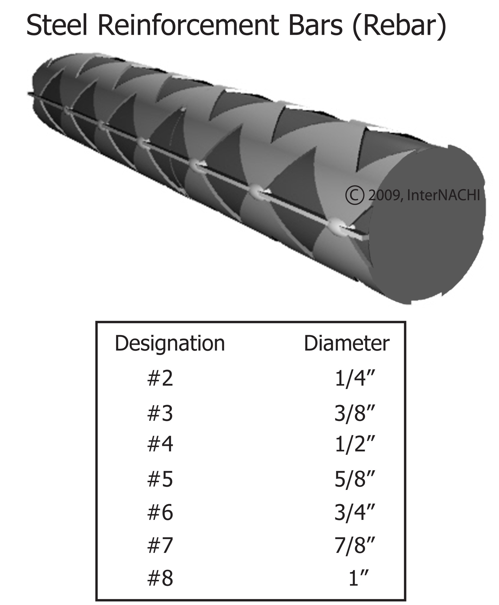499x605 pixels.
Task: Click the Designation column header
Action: pyautogui.click(x=170, y=344)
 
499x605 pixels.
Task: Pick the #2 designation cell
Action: pyautogui.click(x=160, y=378)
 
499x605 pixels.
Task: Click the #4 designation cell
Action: pyautogui.click(x=160, y=444)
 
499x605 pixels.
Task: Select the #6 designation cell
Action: pyautogui.click(x=160, y=513)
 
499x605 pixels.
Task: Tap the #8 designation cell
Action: pyautogui.click(x=160, y=578)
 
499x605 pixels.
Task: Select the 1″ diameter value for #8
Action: pyautogui.click(x=358, y=578)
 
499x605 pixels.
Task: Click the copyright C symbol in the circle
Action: pyautogui.click(x=355, y=196)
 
